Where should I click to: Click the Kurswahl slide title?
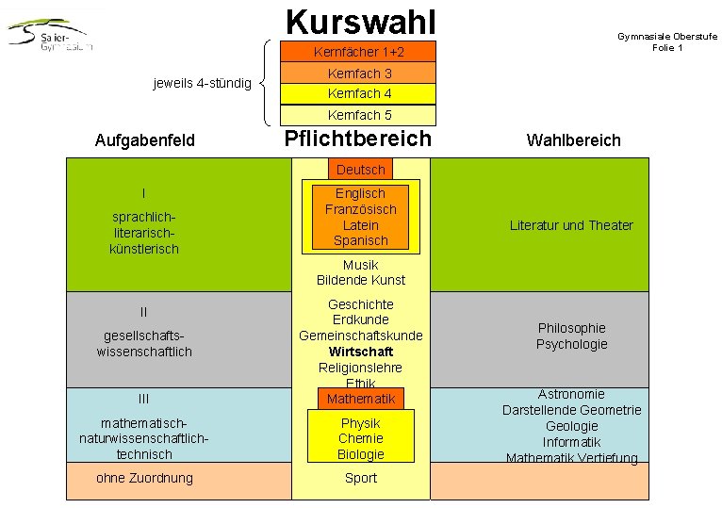[361, 20]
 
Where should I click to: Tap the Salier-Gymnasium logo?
[52, 36]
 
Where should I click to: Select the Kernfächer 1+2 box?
[360, 52]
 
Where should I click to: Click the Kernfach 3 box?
[360, 74]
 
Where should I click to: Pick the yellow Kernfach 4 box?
[360, 94]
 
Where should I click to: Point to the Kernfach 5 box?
[360, 115]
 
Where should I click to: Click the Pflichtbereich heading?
[358, 139]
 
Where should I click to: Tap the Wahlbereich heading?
[573, 140]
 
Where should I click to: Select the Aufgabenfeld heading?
[145, 140]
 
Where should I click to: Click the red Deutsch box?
[361, 170]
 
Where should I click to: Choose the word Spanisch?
[361, 240]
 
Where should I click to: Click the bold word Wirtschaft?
[361, 352]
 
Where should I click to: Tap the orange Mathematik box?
[361, 399]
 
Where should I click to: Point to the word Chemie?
[361, 438]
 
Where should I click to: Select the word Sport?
[361, 478]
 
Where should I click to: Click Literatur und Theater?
[571, 225]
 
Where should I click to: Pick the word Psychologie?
[571, 344]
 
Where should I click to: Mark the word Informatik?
[571, 442]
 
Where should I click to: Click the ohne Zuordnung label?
[144, 478]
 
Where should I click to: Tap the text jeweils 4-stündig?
[202, 84]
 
